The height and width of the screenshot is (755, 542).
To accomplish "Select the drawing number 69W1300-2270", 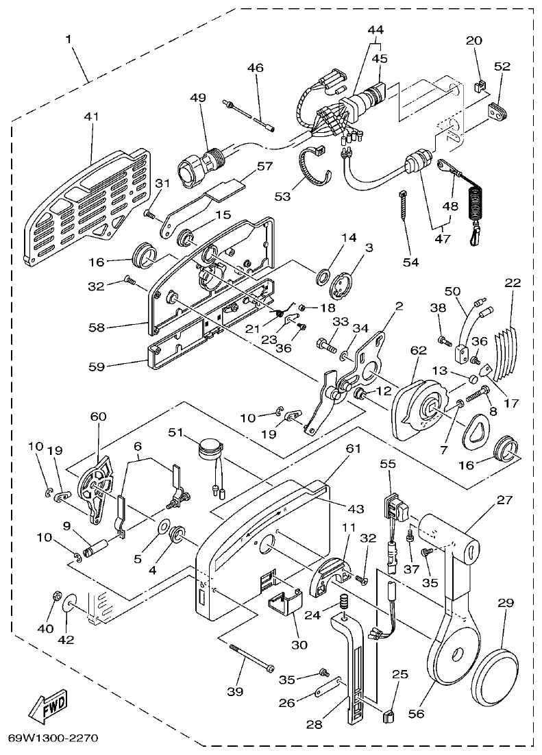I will point(54,739).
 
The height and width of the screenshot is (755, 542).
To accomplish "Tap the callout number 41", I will point(91,117).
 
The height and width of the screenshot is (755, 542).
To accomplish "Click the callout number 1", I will point(69,40).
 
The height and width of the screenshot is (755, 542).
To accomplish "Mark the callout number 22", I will point(513,283).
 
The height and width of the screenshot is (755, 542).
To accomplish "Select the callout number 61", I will point(352,448).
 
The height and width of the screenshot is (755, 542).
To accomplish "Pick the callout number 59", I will point(97,367).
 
